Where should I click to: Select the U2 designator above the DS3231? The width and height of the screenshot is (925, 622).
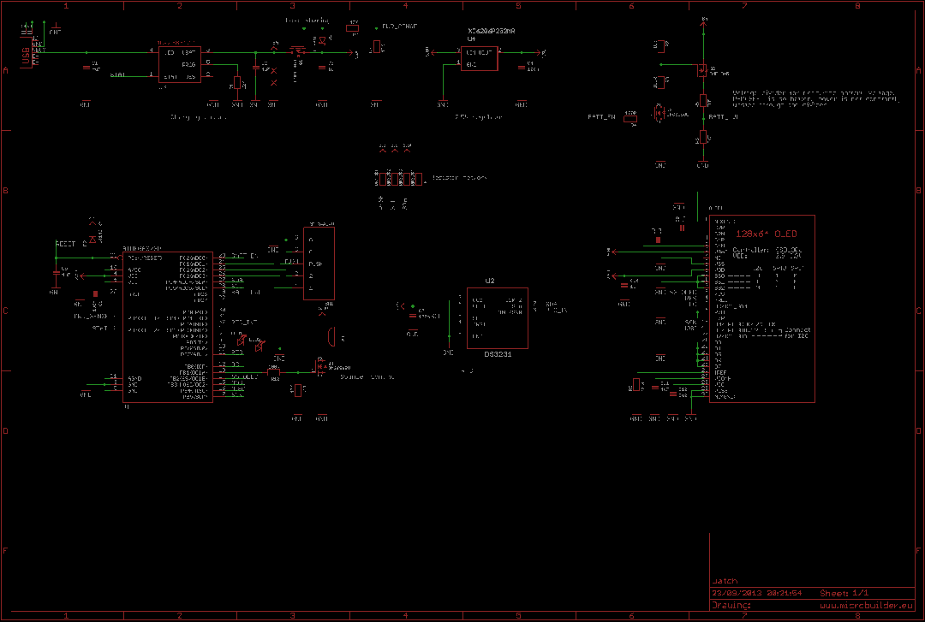click(490, 281)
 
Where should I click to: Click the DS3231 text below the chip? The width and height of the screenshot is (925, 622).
click(497, 353)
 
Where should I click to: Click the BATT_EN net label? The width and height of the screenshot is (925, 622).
click(601, 116)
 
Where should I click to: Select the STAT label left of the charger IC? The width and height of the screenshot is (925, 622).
click(118, 75)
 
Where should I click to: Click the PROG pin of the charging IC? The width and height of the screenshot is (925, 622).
click(189, 64)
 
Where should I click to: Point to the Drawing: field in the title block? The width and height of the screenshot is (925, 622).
click(731, 605)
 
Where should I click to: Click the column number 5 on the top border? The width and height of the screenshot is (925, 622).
click(518, 5)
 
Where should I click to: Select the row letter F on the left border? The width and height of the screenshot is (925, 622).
click(5, 551)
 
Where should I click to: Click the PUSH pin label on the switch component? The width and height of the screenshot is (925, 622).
click(315, 264)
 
